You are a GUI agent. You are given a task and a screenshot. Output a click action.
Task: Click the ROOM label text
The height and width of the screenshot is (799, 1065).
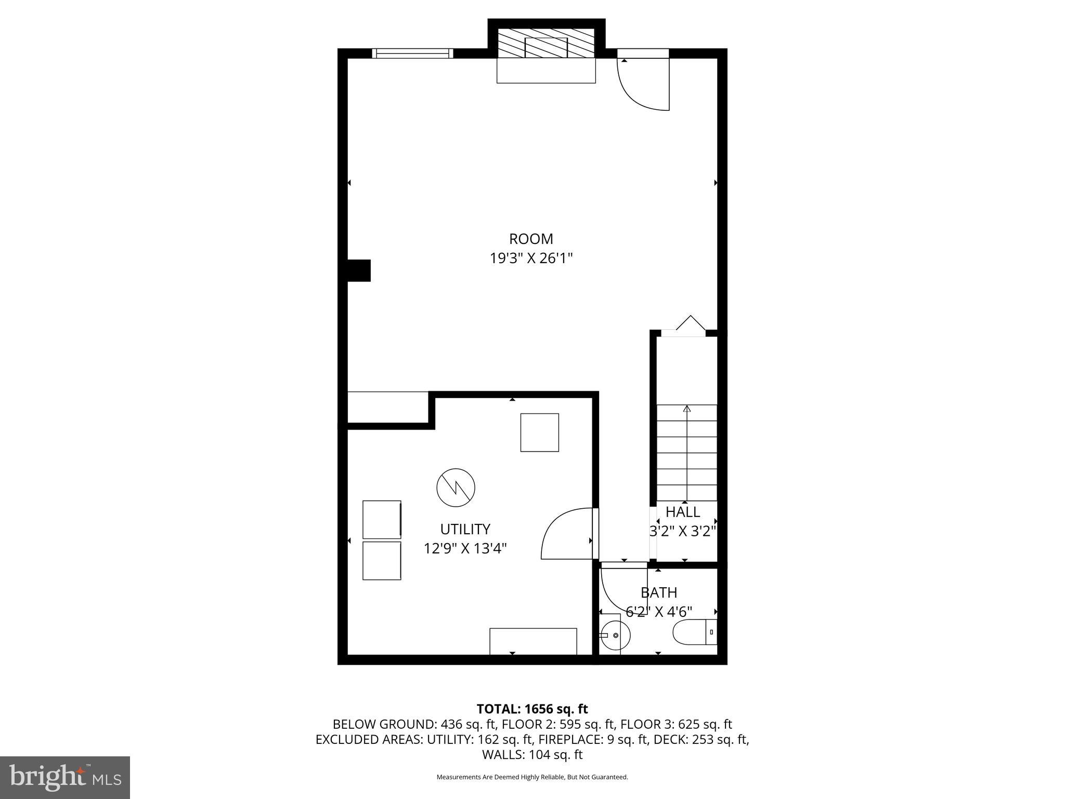531,239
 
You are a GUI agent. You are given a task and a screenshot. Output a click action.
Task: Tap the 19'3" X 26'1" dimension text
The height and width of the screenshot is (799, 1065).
531,259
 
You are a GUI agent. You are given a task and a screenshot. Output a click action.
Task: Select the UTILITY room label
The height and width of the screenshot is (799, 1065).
465,530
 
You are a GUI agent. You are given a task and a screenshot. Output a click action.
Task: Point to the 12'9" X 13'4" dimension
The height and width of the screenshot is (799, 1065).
465,549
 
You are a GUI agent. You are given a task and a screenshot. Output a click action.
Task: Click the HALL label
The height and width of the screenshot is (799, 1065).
683,512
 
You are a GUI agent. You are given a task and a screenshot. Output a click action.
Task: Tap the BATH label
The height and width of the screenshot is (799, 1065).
658,593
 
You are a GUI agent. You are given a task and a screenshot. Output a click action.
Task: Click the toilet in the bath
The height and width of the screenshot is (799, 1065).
694,633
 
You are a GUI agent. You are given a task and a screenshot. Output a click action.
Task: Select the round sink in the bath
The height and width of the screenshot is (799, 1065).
615,636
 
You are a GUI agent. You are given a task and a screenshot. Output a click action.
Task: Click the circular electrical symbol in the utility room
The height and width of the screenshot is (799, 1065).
456,488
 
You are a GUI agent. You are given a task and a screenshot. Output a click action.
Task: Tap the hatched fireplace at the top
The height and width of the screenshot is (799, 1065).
546,43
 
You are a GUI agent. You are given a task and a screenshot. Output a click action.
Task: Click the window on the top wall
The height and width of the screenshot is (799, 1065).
412,53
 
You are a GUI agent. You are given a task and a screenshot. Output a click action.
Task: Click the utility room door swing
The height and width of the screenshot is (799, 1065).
567,535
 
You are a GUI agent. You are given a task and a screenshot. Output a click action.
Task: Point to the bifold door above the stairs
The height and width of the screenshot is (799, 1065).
690,325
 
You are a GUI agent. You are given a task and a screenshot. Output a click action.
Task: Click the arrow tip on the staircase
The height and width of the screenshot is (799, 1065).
687,409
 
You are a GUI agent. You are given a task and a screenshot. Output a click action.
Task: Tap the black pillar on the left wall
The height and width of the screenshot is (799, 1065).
359,270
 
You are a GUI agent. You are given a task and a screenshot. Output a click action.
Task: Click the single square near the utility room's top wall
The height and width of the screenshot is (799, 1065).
540,433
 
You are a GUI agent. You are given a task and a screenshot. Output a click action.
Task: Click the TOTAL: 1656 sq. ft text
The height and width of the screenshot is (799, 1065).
532,709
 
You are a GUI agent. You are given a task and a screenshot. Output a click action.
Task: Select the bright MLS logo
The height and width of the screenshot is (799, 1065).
65,777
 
